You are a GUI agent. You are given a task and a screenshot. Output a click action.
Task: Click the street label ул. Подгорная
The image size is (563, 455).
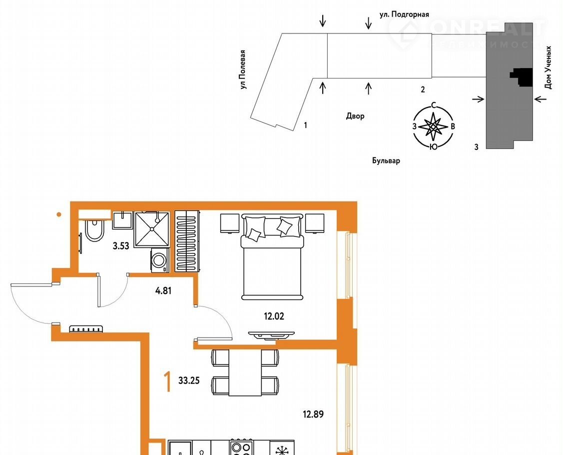404,14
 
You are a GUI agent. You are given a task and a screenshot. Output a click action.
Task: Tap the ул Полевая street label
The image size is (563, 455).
243,69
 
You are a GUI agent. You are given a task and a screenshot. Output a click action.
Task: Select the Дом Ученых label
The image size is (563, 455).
548,67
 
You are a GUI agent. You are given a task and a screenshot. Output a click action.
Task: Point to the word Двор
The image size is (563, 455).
355,115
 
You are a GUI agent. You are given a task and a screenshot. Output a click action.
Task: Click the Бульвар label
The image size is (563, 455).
386,160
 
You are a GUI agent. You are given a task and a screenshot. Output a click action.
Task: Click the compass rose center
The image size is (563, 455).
434,126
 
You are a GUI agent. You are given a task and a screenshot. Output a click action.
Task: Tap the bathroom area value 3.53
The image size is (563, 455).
121,246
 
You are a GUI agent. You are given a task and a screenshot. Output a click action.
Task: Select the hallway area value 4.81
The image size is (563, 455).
163,290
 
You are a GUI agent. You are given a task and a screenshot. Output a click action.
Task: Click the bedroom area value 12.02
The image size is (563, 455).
274,316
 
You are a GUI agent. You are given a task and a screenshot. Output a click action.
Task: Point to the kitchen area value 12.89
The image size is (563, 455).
313,414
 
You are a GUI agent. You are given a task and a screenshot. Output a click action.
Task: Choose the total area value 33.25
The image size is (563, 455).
189,380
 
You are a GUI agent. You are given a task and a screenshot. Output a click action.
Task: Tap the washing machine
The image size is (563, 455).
160,260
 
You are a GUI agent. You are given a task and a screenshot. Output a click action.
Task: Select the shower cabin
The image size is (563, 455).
151,229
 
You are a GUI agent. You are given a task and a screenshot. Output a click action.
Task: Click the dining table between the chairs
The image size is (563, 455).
245,372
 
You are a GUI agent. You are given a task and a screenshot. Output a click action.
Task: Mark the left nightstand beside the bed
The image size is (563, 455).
230,223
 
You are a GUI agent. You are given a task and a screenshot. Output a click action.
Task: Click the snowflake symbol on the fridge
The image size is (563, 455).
282,450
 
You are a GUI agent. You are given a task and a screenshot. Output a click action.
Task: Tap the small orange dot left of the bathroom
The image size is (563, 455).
59,214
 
